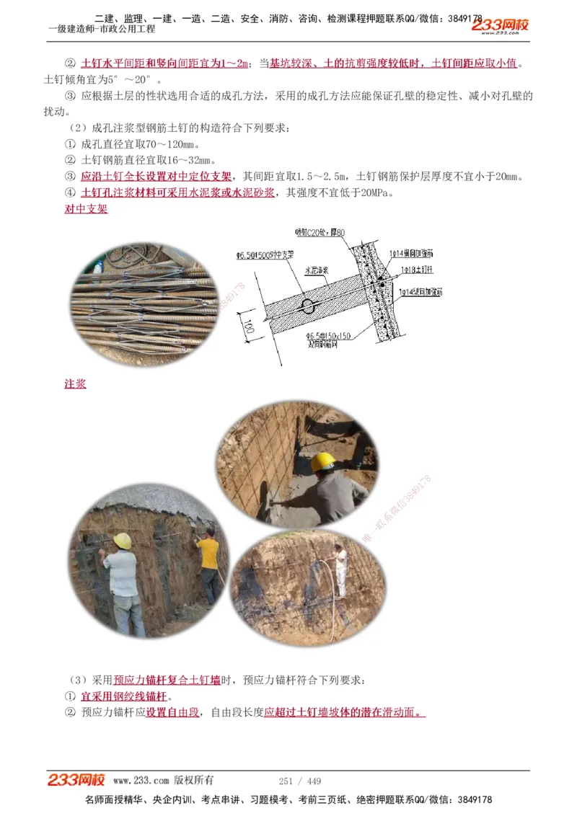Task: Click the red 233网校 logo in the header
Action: [x=500, y=25]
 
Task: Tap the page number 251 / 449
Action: [x=299, y=781]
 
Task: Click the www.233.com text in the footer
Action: [x=141, y=781]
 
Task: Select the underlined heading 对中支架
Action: [x=86, y=209]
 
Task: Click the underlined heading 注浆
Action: [x=75, y=384]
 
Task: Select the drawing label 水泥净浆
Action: [x=316, y=270]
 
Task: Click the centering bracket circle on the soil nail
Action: [x=307, y=306]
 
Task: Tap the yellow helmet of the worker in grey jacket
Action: [x=323, y=461]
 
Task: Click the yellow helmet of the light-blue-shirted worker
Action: [x=123, y=541]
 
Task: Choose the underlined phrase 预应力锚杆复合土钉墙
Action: [x=167, y=680]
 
